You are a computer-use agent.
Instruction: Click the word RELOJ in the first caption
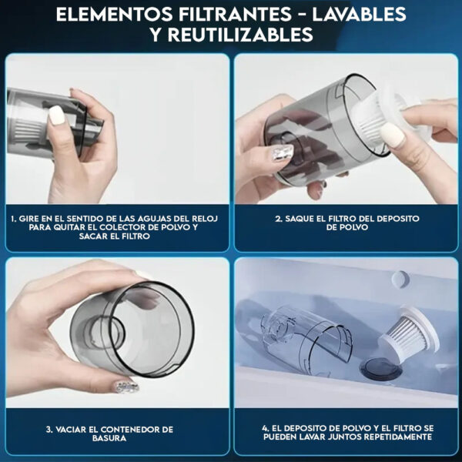click(203, 219)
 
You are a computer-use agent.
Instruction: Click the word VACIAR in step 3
click(74, 429)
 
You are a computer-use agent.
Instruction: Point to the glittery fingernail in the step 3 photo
click(126, 386)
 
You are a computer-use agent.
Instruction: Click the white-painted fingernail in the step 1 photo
click(56, 115)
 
